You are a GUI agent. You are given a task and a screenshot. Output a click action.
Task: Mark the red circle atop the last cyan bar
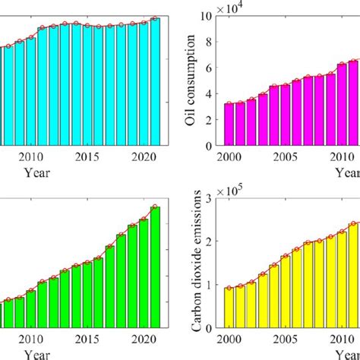tap(155, 18)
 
